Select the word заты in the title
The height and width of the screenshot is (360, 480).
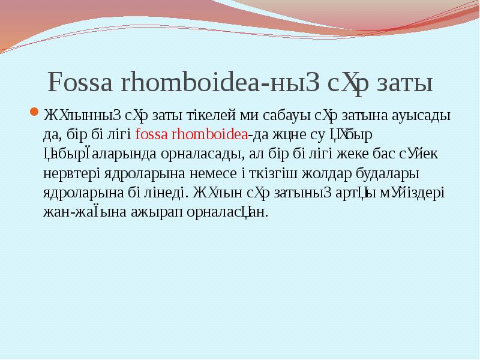tap(405, 83)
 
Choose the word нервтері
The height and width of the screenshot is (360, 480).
tap(67, 173)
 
